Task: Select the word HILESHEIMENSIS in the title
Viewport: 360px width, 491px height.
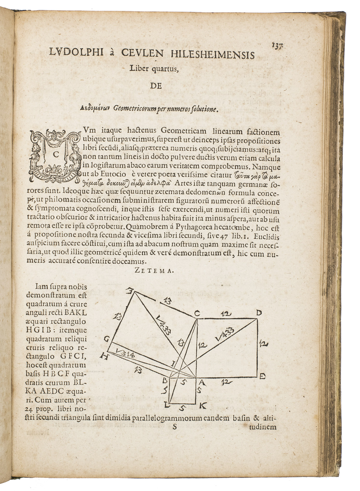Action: [212, 55]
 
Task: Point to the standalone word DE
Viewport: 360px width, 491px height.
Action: [156, 86]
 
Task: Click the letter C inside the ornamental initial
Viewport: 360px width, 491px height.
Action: [55, 154]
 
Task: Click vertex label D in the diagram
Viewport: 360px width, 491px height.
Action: [258, 313]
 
